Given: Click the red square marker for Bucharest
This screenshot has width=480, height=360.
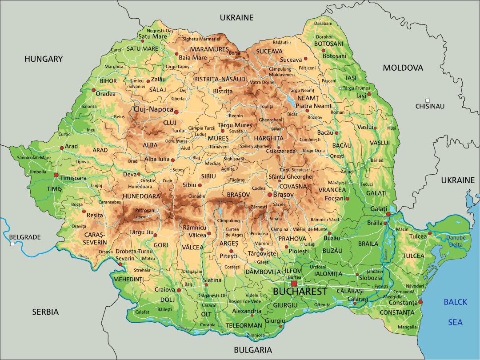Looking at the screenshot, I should pos(294,284).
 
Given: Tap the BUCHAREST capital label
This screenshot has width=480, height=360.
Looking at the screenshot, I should pos(300,292).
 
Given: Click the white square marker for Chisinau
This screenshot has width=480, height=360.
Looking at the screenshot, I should pos(428,100).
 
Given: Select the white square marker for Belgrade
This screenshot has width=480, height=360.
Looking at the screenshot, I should pos(12,244).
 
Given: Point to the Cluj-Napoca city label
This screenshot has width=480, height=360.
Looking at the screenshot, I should pos(153,109).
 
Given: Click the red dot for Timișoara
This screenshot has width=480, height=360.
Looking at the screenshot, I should pos(56,175).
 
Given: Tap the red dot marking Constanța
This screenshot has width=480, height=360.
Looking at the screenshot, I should pos(420,302).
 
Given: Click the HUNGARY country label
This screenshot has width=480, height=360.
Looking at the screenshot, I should pos(44,59).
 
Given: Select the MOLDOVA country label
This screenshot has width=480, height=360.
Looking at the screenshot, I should pos(403,68).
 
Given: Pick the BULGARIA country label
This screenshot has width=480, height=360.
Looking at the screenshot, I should pos(252,350).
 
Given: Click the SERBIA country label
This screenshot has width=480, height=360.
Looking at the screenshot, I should pos(45,312).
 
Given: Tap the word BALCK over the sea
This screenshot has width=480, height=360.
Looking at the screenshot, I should pos(456,302).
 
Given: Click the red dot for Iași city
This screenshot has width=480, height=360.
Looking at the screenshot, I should pos(369,94).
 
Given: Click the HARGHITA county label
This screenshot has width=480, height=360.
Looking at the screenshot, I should pos(269,138).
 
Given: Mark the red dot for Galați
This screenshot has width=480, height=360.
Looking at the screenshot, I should pos(388,214).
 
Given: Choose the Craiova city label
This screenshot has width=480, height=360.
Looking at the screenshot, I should pos(165,289).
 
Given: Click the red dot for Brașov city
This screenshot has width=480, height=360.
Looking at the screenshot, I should pos(269,194).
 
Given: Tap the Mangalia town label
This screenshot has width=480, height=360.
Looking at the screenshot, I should pos(408,327).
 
